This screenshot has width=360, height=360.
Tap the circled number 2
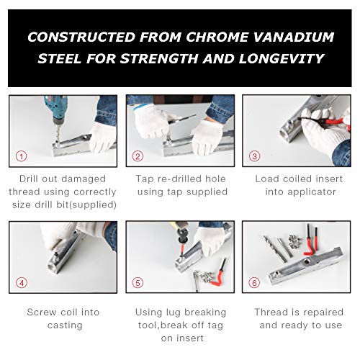click(x=138, y=156)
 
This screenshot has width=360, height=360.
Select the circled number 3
click(x=254, y=156)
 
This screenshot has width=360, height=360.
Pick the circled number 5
click(x=138, y=281)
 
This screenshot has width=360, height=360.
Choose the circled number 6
click(x=254, y=281)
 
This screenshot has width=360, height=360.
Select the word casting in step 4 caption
click(x=65, y=325)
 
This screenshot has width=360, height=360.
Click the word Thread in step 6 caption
click(x=272, y=312)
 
